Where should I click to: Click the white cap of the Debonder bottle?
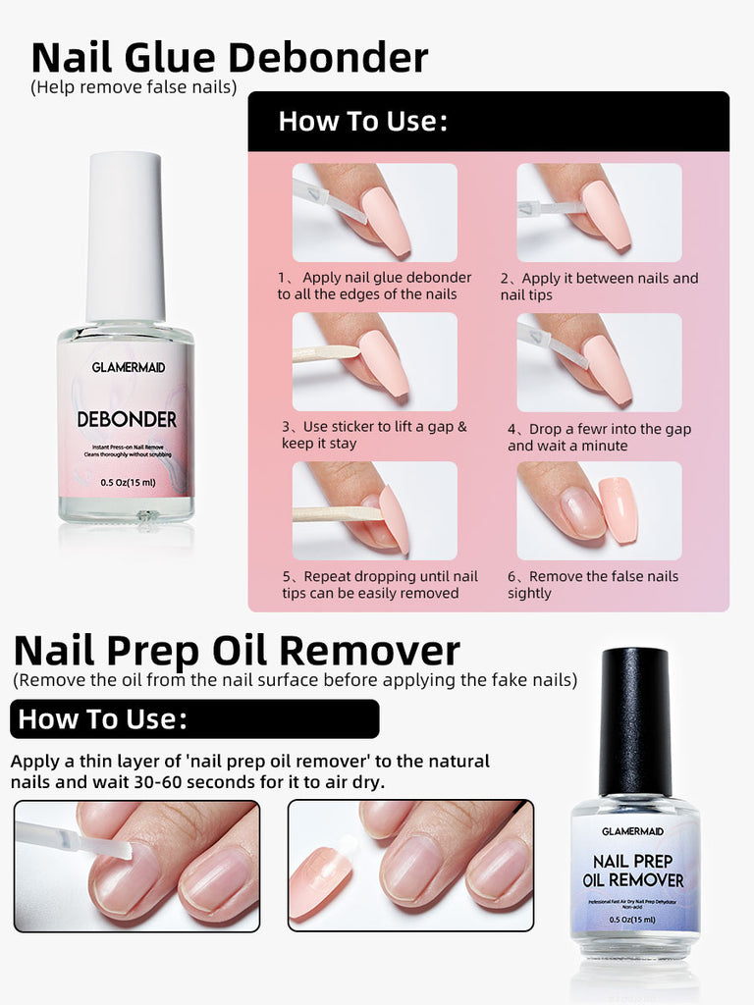tap(125, 236)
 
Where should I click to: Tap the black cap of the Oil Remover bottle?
tap(634, 720)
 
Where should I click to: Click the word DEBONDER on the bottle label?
tap(127, 420)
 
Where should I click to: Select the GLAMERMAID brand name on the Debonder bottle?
tap(127, 368)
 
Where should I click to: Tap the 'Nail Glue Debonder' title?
tap(230, 58)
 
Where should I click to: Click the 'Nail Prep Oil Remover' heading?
tap(237, 651)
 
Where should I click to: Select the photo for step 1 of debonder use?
tap(374, 212)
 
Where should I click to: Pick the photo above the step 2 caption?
tap(599, 212)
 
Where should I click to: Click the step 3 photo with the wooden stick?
tap(374, 361)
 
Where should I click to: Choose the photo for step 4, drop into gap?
tap(599, 361)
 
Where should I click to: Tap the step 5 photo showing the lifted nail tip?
tap(374, 510)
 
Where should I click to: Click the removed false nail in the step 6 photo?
tap(618, 508)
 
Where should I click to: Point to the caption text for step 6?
tap(592, 585)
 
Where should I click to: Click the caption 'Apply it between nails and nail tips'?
tap(599, 287)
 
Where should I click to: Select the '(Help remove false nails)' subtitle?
tap(134, 87)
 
